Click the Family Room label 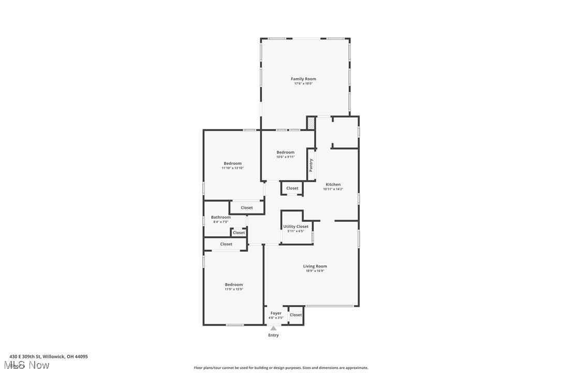[303, 79]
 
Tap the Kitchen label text [333, 184]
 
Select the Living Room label [315, 266]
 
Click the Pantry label [311, 165]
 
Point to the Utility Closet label [295, 226]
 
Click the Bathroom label [220, 217]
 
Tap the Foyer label [276, 313]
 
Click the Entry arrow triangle [273, 328]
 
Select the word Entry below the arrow [273, 335]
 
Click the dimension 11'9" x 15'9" [234, 289]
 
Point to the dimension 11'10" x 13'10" [232, 168]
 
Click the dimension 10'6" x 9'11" [285, 157]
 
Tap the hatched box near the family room [311, 123]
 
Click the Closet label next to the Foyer [295, 315]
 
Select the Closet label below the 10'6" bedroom [292, 188]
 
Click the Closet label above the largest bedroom [226, 244]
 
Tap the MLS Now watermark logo [29, 366]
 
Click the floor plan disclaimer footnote [281, 368]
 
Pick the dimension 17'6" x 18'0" [303, 83]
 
